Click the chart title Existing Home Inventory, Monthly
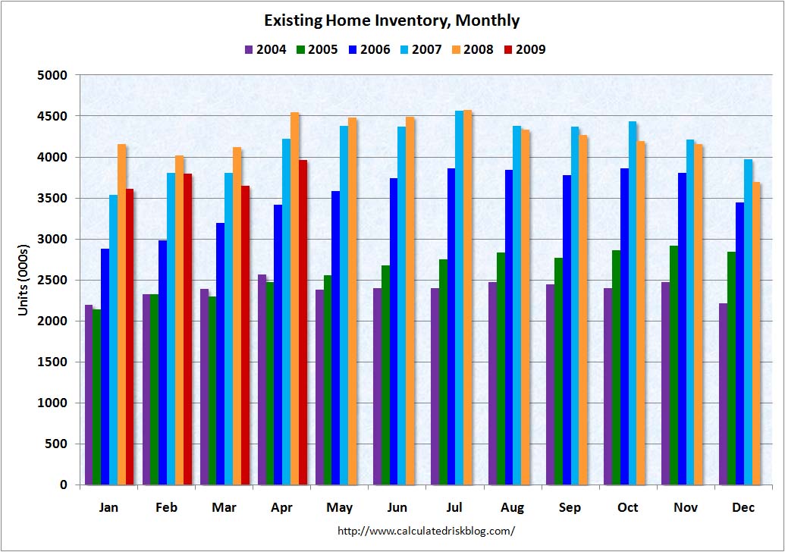pyautogui.click(x=392, y=20)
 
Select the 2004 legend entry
pyautogui.click(x=265, y=50)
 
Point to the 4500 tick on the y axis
pyautogui.click(x=53, y=117)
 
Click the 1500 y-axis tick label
pyautogui.click(x=53, y=362)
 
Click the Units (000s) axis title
pyautogui.click(x=24, y=281)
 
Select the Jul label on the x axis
pyautogui.click(x=454, y=507)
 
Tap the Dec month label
pyautogui.click(x=743, y=507)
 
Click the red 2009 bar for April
pyautogui.click(x=303, y=322)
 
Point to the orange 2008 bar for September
pyautogui.click(x=583, y=310)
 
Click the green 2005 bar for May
pyautogui.click(x=328, y=380)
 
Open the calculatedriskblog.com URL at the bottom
pyautogui.click(x=425, y=532)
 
